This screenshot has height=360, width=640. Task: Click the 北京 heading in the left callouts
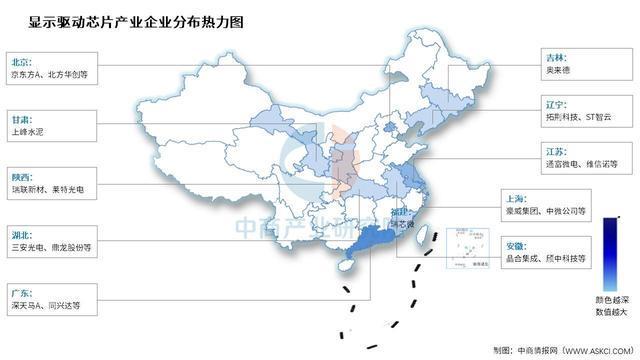click(x=21, y=59)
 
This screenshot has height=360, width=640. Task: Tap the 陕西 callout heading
click(x=21, y=171)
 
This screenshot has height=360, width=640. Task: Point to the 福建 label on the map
click(x=398, y=214)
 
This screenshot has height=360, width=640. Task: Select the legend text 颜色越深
click(x=609, y=299)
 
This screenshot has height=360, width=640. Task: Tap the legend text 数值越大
click(x=609, y=312)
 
